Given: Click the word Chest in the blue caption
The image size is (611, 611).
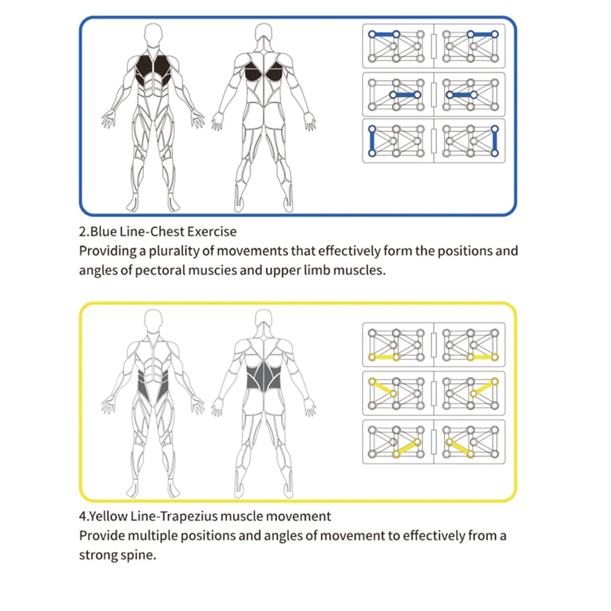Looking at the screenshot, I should pyautogui.click(x=169, y=232).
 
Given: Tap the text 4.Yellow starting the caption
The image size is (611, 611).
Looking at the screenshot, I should pyautogui.click(x=101, y=516).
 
